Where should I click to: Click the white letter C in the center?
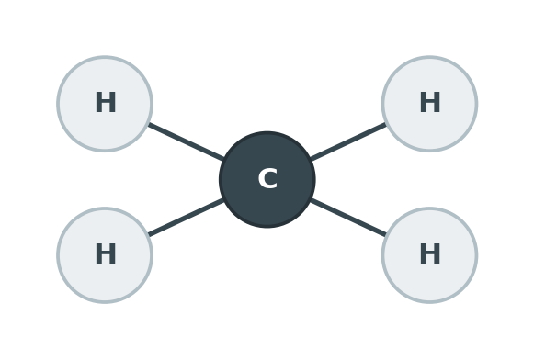[267, 178]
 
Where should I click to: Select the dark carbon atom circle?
[267, 179]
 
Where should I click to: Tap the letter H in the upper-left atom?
[105, 102]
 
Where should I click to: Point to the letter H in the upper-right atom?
[430, 102]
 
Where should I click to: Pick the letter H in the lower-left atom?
[105, 253]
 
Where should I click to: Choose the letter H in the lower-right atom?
[430, 253]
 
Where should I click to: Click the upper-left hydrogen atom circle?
[105, 104]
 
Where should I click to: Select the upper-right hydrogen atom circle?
[429, 104]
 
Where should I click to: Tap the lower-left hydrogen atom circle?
[105, 255]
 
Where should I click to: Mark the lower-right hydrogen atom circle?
[429, 255]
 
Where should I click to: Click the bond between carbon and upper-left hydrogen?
[186, 141]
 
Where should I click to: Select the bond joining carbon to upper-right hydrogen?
[348, 141]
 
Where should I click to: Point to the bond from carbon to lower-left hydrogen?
[186, 218]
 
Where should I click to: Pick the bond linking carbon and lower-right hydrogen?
[348, 218]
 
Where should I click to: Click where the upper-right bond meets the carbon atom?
[311, 159]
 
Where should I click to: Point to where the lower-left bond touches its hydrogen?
[149, 235]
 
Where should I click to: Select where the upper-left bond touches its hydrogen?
[149, 124]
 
